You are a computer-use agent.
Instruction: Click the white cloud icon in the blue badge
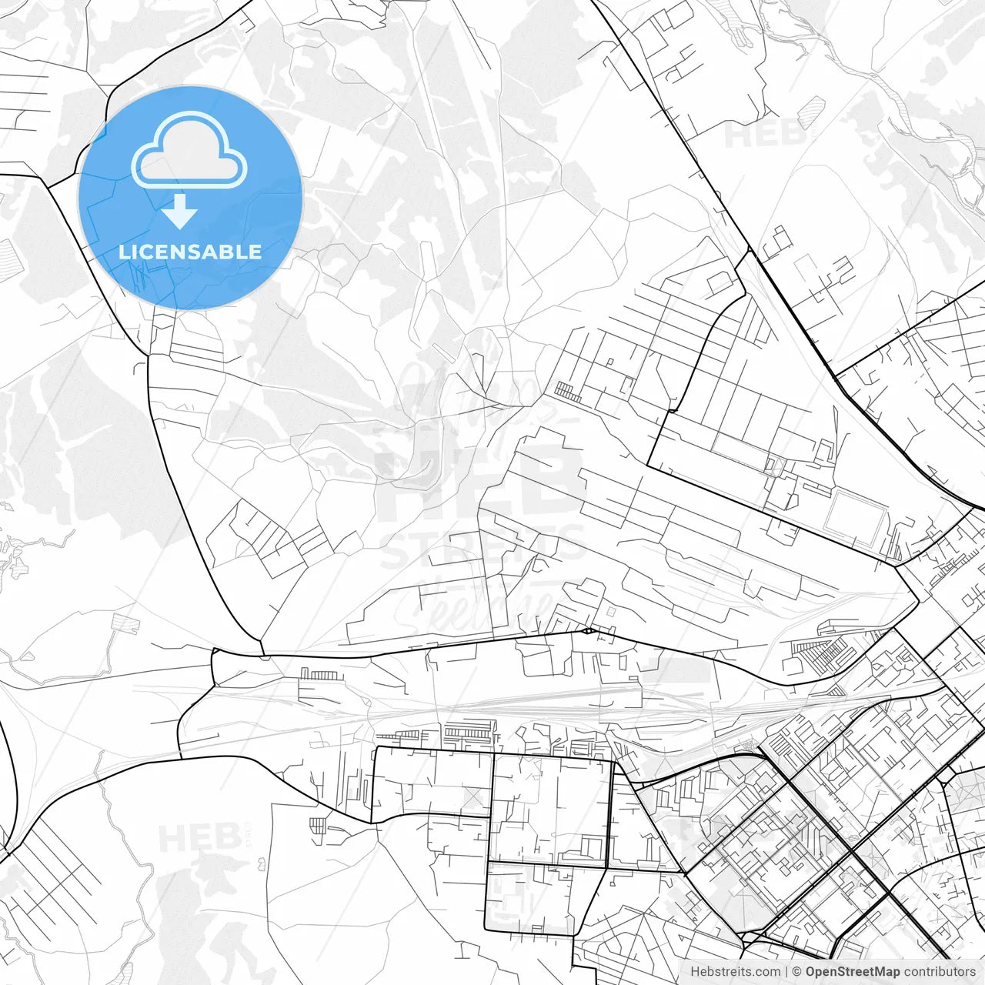(189, 150)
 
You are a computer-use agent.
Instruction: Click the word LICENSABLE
(190, 252)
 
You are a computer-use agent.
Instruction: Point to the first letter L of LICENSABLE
(123, 252)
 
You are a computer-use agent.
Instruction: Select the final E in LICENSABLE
(255, 252)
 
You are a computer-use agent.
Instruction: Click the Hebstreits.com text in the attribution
(735, 971)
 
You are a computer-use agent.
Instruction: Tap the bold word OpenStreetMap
(853, 971)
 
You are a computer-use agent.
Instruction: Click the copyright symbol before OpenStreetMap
(797, 971)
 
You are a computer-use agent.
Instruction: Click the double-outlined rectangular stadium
(855, 519)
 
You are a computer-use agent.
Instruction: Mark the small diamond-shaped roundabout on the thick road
(588, 631)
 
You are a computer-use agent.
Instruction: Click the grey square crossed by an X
(475, 797)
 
